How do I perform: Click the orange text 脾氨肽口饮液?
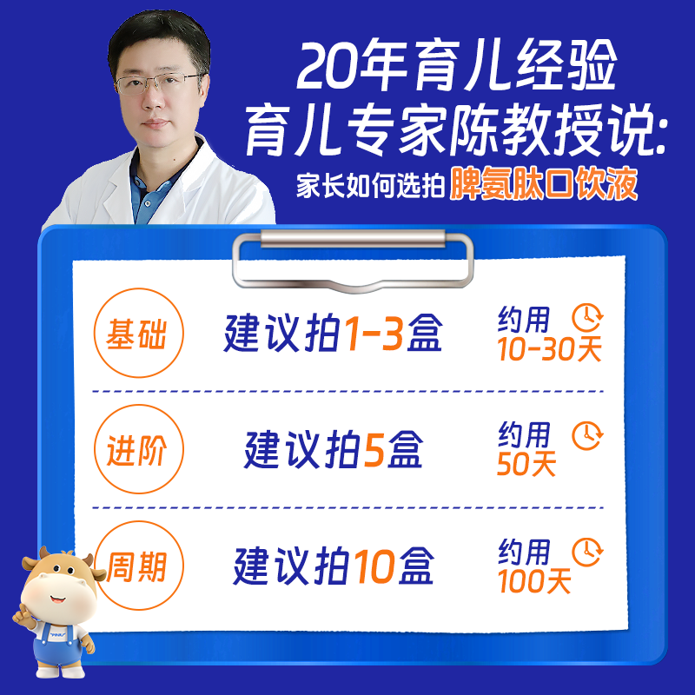tap(543, 185)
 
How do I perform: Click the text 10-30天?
tap(549, 349)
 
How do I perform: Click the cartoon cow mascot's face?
tap(58, 592)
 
